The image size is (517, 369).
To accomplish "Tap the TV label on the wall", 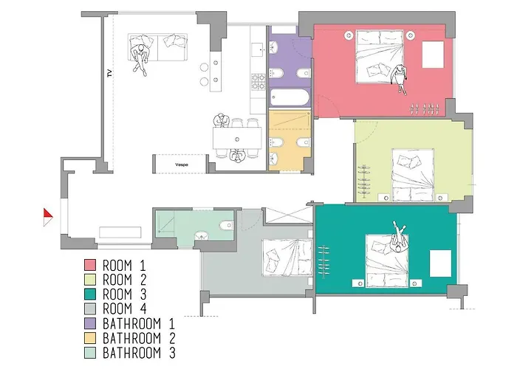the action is coord(110,73).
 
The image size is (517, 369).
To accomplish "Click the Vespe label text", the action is coord(182,165).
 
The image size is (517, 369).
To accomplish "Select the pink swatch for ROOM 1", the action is coord(90,265).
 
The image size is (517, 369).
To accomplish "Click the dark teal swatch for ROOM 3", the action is coord(90,294).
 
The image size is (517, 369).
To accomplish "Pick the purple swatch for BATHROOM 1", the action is coord(90,323).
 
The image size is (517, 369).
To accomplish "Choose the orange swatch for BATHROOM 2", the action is coord(90,338).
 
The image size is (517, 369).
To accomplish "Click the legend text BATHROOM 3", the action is coord(139,353).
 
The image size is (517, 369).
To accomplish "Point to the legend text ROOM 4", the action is coord(124,308).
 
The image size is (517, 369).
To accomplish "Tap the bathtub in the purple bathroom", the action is coord(290,97).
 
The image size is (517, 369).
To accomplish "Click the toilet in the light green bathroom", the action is coord(226,225).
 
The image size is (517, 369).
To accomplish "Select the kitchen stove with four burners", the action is coord(258,82).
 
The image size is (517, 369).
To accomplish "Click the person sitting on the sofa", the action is coord(140,58).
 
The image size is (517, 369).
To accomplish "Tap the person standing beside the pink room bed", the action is coord(400,78).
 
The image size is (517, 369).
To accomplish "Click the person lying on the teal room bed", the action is coord(399,238).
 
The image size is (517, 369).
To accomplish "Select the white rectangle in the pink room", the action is coord(433,55).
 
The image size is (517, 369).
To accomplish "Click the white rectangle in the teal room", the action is coord(440,263).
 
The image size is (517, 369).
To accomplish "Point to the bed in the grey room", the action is coord(287,258).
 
